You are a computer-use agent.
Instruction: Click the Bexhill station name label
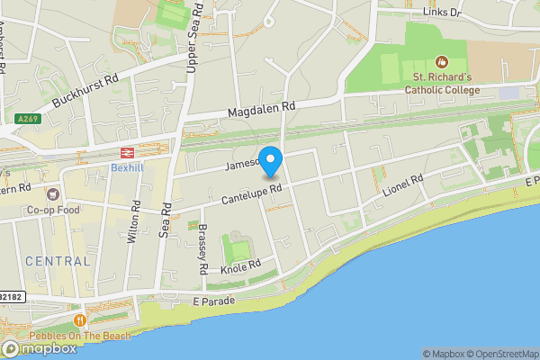(x=127, y=167)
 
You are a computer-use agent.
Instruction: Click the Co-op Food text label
(x=53, y=210)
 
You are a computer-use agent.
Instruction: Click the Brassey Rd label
(x=203, y=247)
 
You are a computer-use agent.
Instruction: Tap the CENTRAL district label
(x=58, y=261)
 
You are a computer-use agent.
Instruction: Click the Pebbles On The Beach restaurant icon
(x=80, y=319)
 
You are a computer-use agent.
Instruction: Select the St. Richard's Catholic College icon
(x=441, y=62)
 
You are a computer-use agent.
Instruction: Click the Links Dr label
(x=441, y=13)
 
